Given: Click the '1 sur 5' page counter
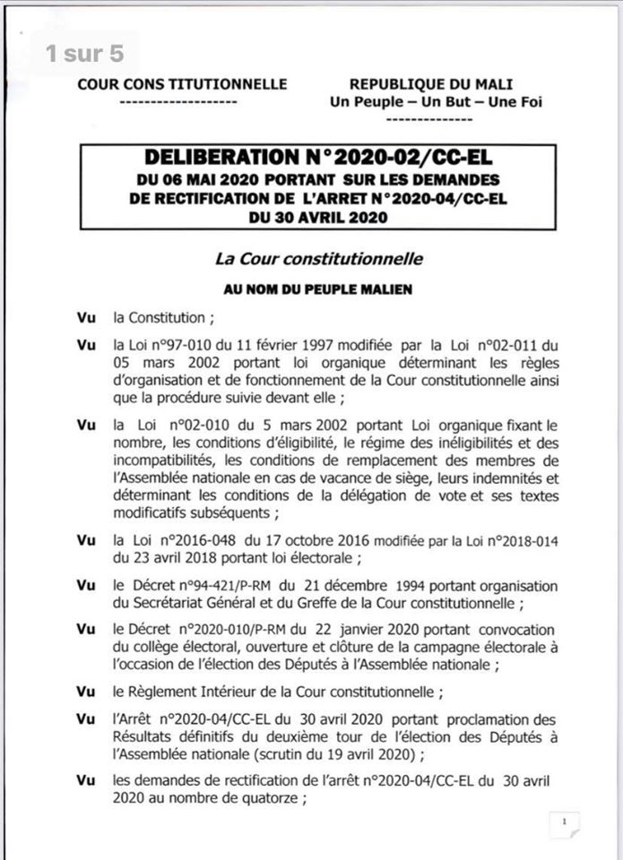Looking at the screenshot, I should pyautogui.click(x=84, y=53).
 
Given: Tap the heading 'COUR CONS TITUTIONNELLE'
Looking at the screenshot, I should pyautogui.click(x=183, y=84).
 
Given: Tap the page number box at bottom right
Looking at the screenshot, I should pyautogui.click(x=564, y=821).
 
